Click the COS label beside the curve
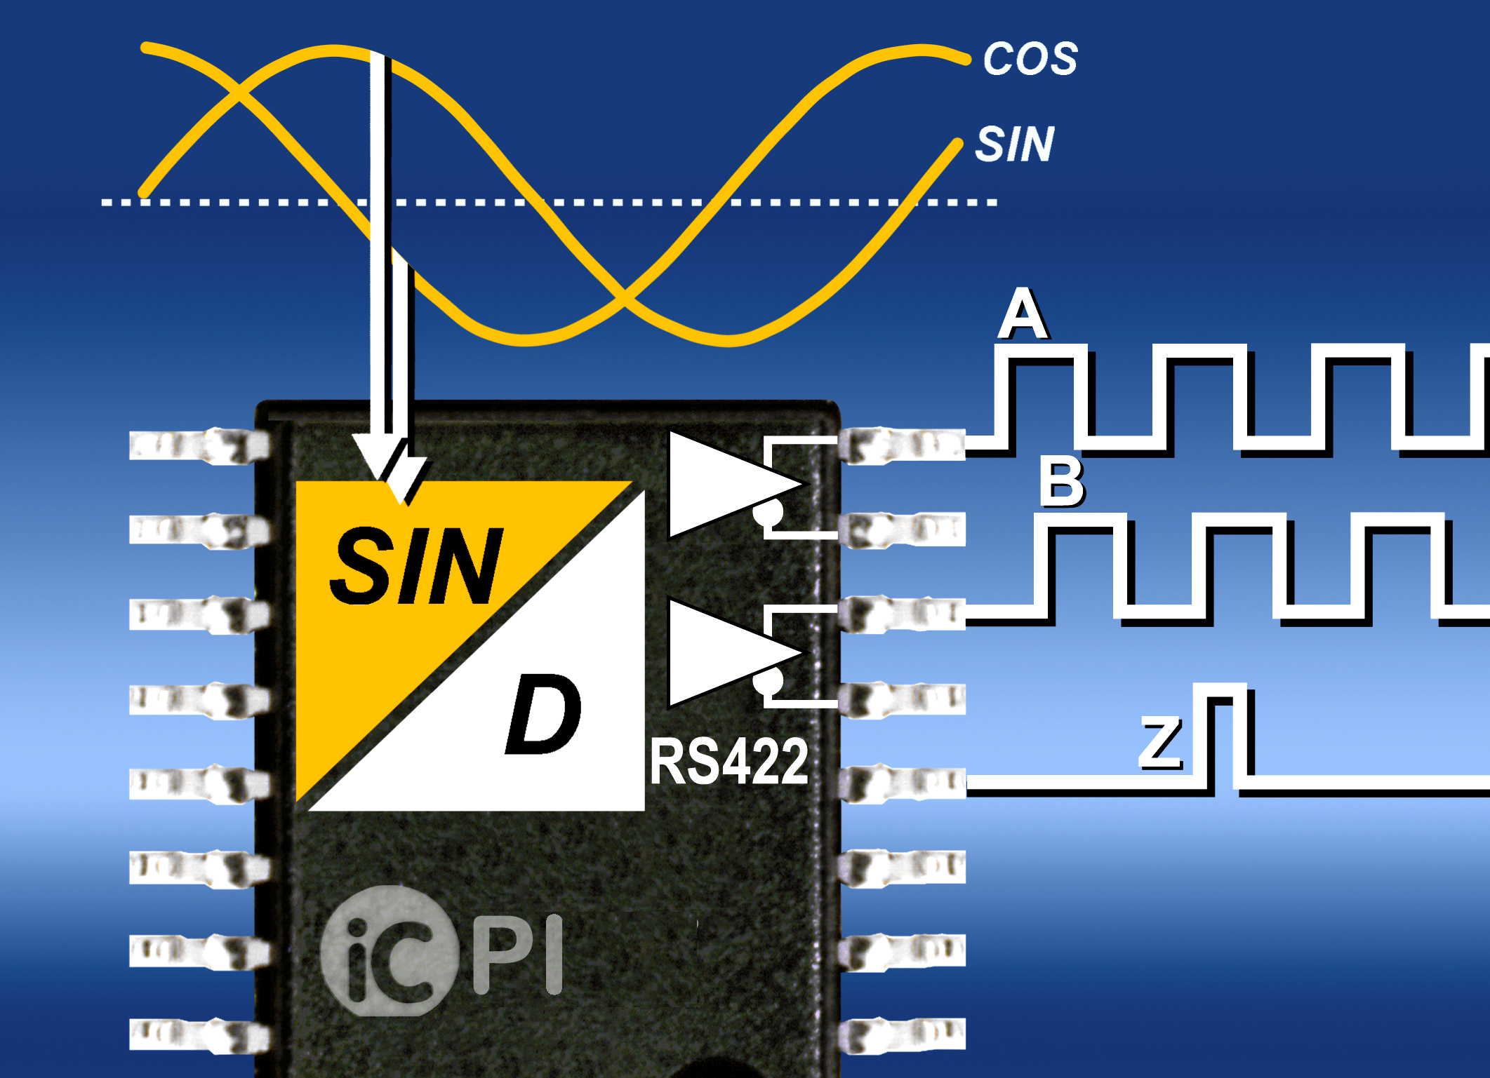click(1030, 58)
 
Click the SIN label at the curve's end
click(1015, 144)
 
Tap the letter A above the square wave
click(1023, 314)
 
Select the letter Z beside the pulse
click(1161, 741)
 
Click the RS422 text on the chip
click(729, 762)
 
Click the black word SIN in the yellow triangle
click(415, 567)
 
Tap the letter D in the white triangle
click(543, 714)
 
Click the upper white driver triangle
click(723, 484)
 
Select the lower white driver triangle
click(723, 652)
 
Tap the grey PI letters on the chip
click(518, 954)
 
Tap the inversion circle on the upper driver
click(768, 513)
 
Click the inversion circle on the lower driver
click(768, 680)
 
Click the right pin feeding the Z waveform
click(902, 782)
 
